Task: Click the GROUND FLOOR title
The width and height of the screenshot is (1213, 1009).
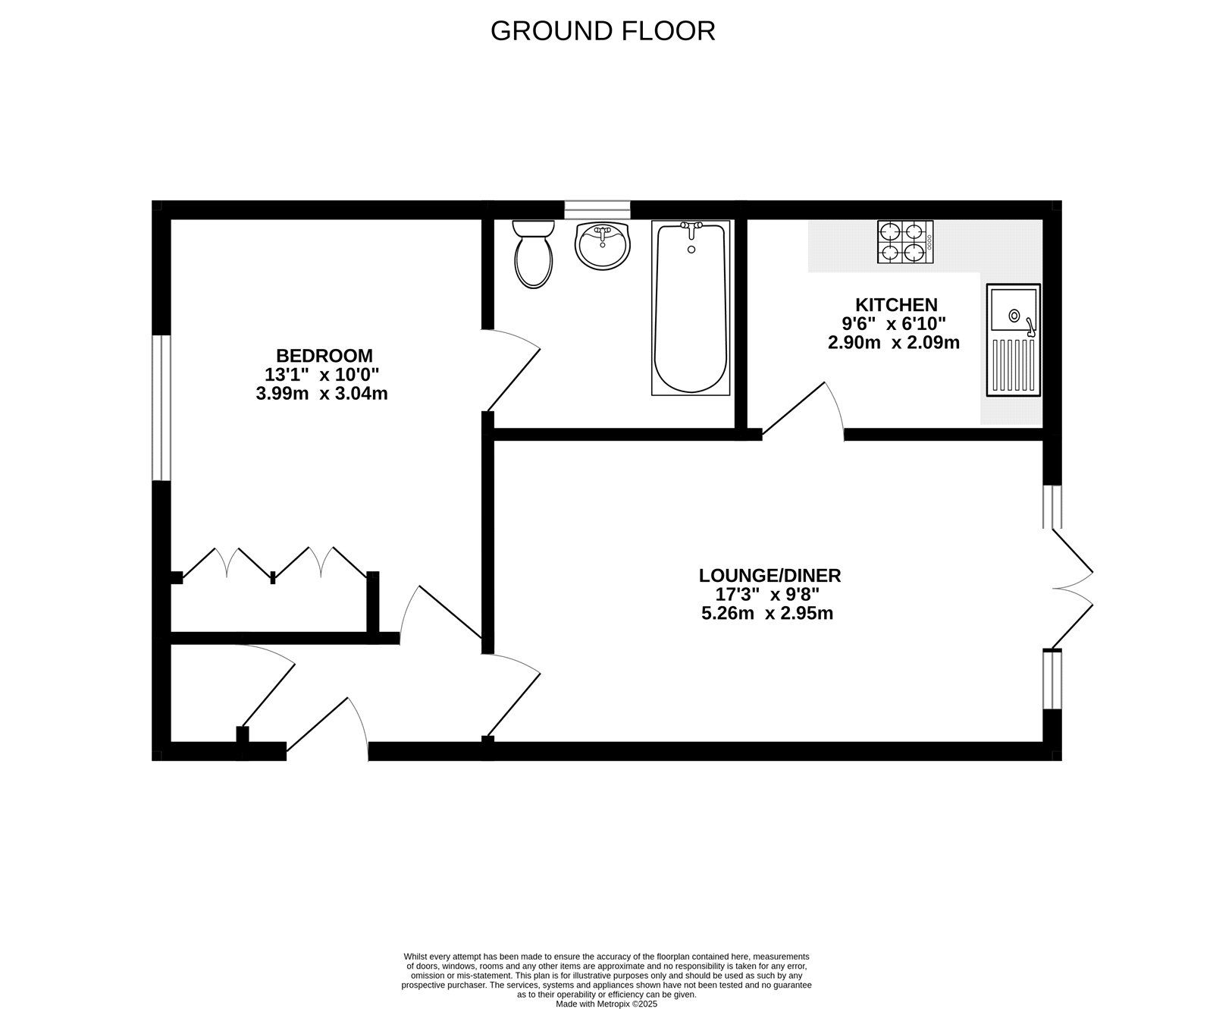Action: tap(603, 31)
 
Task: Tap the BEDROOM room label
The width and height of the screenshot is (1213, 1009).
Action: tap(324, 355)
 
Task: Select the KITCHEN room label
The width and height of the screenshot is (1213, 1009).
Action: tap(896, 304)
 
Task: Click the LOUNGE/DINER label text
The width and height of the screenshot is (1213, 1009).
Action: tap(769, 575)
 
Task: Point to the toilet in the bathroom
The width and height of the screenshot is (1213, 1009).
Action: tap(533, 254)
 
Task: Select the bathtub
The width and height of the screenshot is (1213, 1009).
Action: tap(691, 307)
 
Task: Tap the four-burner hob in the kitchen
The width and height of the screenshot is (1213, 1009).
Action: tap(905, 242)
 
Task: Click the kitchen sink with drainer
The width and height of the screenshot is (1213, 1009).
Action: tap(1013, 340)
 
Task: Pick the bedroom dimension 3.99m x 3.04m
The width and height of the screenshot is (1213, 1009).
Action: tap(321, 394)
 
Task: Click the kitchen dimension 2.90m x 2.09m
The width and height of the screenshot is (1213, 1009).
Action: tap(893, 342)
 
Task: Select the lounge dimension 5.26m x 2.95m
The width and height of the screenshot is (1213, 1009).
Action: tap(767, 613)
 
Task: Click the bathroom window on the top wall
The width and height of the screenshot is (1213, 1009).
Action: tap(597, 209)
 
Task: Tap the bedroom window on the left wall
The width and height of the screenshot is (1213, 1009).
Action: tap(161, 407)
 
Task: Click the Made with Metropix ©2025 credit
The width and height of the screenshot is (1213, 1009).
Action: tap(606, 1003)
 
